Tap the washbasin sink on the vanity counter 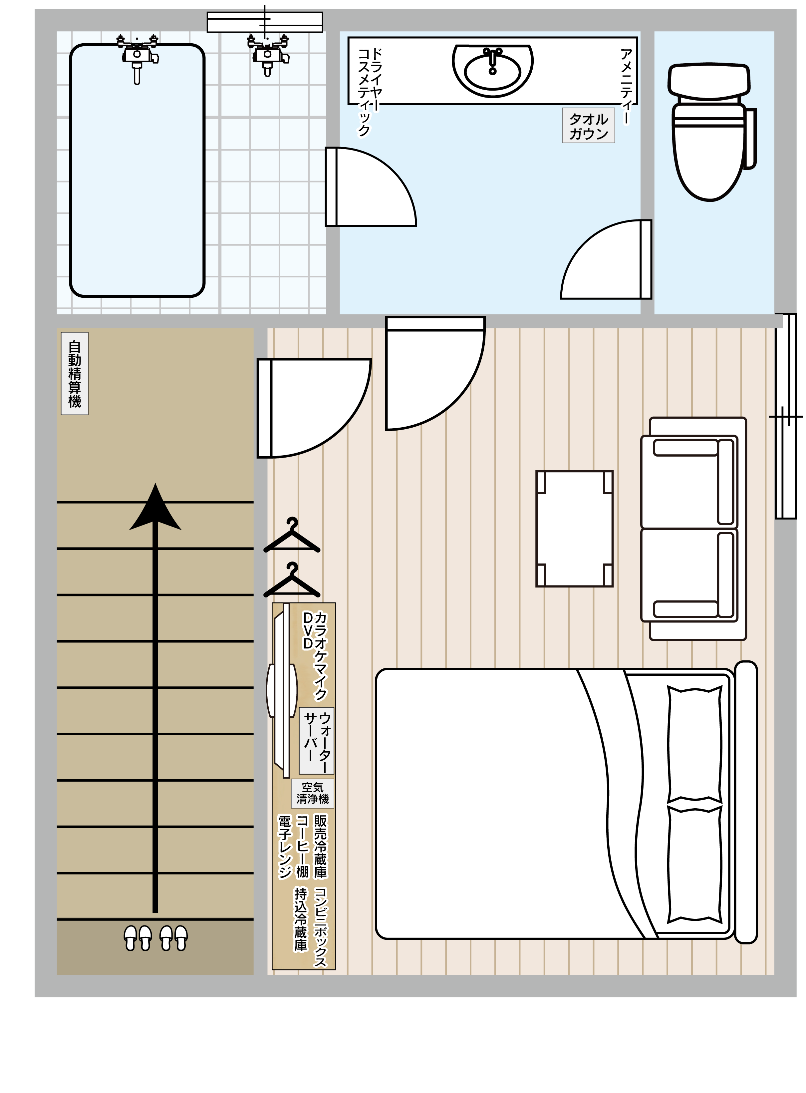click(493, 70)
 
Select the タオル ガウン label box click(588, 126)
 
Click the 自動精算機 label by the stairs click(75, 373)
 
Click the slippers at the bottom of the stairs click(155, 938)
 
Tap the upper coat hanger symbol click(292, 536)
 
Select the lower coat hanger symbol click(292, 581)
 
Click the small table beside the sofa click(574, 529)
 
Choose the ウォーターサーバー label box click(317, 740)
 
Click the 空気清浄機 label click(313, 793)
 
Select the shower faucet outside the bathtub click(267, 54)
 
